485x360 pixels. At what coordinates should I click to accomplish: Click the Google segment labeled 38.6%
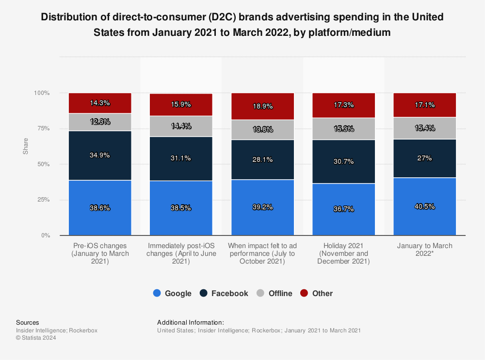coord(100,208)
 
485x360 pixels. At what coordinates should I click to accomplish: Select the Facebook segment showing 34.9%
coord(100,156)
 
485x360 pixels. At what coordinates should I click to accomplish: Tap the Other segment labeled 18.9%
coord(262,106)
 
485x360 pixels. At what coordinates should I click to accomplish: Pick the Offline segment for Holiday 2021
coord(343,129)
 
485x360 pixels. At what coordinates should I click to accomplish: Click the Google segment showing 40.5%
coord(425,206)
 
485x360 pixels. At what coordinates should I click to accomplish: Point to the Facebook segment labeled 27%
coord(425,158)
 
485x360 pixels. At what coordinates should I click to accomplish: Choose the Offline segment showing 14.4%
coord(181,126)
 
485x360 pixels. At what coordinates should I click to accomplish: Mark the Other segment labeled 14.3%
coord(100,103)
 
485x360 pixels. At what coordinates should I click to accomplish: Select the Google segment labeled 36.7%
coord(343,209)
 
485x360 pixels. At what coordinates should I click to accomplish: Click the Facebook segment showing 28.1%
coord(262,159)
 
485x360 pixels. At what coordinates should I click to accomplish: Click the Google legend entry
coord(172,293)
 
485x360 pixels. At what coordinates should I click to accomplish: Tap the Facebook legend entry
coord(224,293)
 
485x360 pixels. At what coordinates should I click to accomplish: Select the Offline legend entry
coord(275,293)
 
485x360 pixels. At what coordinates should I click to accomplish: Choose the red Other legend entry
coord(317,293)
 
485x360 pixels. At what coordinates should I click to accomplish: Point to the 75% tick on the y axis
coord(44,128)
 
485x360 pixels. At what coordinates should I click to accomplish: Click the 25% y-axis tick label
coord(44,200)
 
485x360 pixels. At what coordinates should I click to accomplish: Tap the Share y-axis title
coord(25,146)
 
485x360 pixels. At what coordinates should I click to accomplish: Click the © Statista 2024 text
coord(36,338)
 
